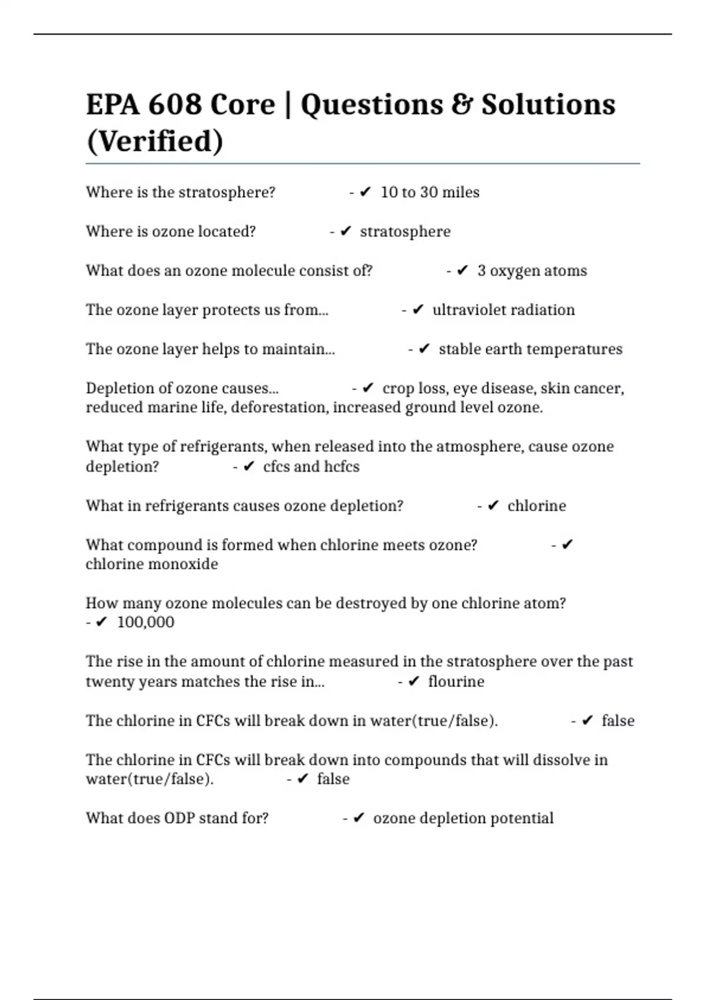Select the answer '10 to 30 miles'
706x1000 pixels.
429,192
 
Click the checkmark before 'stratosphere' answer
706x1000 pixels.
346,231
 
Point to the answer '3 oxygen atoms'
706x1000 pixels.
532,271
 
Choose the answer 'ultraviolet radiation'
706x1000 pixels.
503,310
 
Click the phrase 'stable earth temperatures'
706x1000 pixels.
530,349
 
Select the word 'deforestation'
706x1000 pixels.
279,408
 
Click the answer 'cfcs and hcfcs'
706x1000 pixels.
311,466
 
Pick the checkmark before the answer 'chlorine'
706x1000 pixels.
494,505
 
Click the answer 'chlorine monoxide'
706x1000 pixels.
152,564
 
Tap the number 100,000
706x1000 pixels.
145,622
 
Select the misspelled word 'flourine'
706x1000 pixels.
456,682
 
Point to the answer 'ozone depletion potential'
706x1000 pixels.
463,818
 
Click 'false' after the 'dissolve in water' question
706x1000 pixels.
333,779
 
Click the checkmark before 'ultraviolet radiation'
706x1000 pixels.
418,309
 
